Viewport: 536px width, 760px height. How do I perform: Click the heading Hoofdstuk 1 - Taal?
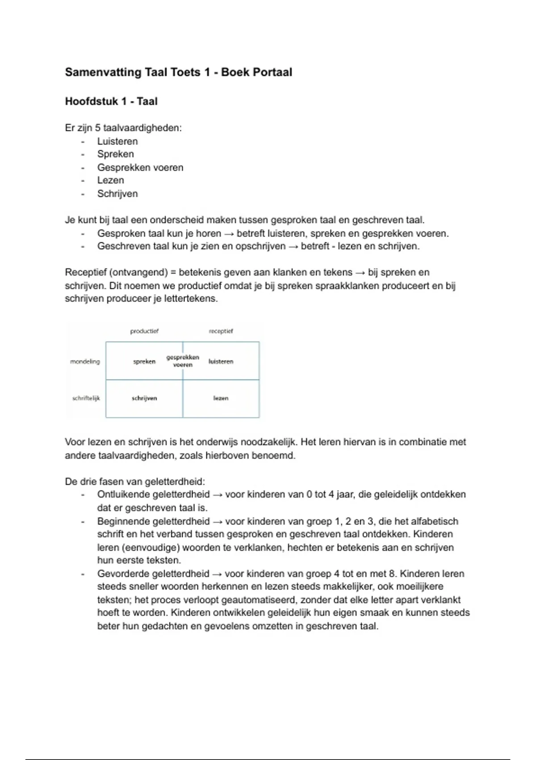pos(111,101)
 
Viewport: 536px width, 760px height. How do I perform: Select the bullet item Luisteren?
pos(117,141)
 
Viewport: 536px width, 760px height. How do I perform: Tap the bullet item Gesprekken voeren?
pos(140,168)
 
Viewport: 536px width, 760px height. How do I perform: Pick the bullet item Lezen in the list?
pos(111,181)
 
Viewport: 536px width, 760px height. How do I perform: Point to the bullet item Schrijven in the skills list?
pos(117,194)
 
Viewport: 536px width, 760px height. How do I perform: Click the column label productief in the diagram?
pos(144,331)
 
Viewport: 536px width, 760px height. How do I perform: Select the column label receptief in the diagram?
pos(221,331)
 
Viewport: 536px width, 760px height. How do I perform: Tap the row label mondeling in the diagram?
pos(85,362)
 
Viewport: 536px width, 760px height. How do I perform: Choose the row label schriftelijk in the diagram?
pos(86,398)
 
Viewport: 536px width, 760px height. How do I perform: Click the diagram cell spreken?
pos(144,362)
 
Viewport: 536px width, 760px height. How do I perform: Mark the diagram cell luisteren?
pos(221,362)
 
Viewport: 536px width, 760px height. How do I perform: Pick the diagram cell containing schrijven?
pos(144,398)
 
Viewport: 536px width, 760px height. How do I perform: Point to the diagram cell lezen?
pos(221,398)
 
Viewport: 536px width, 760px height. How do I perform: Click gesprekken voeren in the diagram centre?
pos(183,361)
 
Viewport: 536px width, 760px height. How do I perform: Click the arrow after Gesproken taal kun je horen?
pos(229,234)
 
